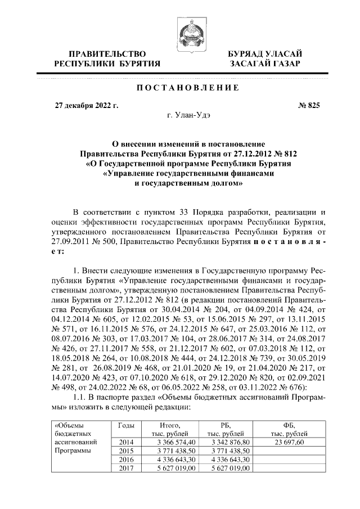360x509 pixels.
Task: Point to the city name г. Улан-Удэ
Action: click(x=188, y=116)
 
